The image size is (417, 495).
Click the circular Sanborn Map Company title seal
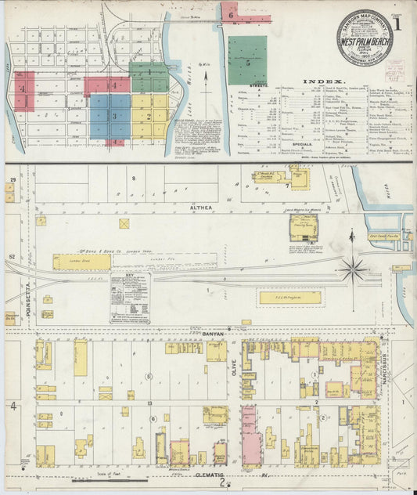(x=365, y=38)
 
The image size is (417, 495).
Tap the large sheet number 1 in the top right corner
(x=400, y=23)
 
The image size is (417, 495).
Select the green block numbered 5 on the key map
(x=247, y=60)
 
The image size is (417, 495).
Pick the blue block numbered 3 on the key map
(x=110, y=117)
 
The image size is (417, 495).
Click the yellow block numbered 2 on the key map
(x=149, y=116)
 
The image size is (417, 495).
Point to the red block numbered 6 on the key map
(x=229, y=11)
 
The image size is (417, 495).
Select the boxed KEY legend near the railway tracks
(x=129, y=298)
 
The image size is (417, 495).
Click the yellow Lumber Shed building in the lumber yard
(x=82, y=262)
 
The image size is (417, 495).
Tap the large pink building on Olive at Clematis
(x=250, y=435)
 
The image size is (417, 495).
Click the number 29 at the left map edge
(x=12, y=181)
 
